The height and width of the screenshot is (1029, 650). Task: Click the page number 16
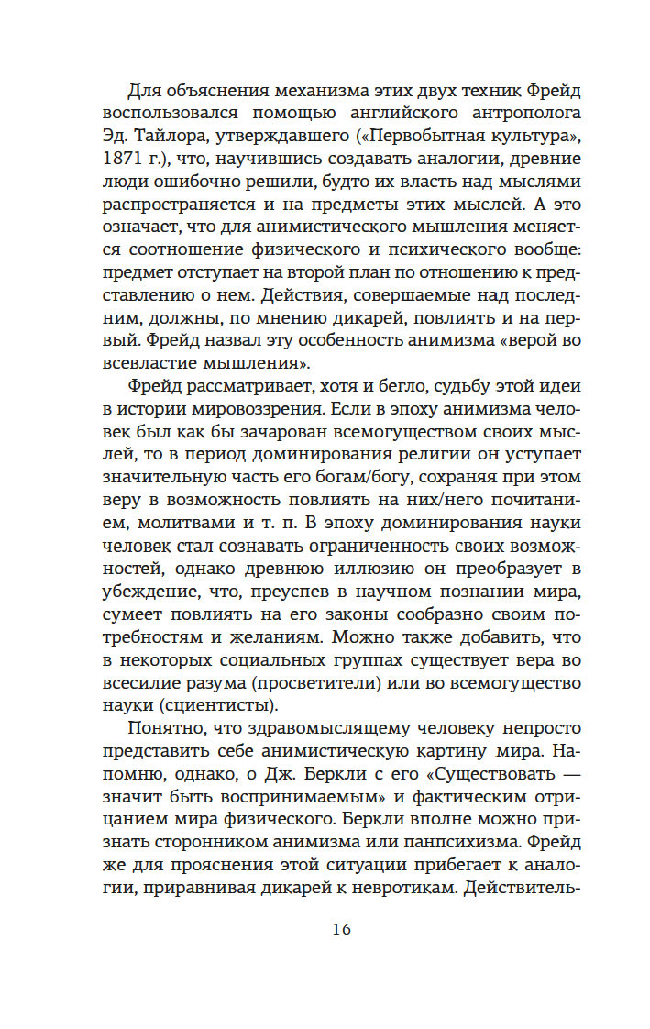341,928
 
